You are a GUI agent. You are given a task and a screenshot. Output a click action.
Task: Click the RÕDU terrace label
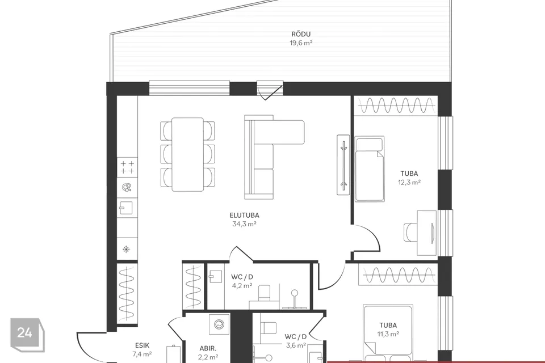click(x=301, y=34)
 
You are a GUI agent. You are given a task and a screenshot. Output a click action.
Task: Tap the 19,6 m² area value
click(x=301, y=43)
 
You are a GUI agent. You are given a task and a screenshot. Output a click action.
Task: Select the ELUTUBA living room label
click(x=244, y=216)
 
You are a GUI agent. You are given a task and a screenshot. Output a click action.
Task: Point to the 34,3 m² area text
click(x=244, y=224)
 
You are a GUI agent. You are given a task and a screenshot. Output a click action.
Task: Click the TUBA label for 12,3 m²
click(x=409, y=174)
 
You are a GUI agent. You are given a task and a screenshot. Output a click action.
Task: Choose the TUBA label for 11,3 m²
click(x=388, y=325)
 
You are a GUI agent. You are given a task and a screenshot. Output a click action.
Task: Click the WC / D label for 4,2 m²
click(x=242, y=277)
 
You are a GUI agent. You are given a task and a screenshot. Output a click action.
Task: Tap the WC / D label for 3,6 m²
click(x=295, y=336)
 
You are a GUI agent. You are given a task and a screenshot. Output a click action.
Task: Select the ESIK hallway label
click(x=142, y=345)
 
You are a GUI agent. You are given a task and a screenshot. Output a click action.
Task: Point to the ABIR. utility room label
click(x=208, y=348)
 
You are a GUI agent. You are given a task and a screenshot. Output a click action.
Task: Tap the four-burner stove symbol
click(x=127, y=167)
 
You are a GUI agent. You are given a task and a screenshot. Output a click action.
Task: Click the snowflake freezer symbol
click(x=126, y=249)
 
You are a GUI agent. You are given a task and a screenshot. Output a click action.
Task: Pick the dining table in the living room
click(x=188, y=155)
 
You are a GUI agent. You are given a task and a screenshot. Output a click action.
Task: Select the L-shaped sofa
click(x=274, y=157)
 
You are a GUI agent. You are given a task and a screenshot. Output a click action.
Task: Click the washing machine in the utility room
click(x=219, y=324)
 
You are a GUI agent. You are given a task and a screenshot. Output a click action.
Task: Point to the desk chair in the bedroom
click(x=410, y=232)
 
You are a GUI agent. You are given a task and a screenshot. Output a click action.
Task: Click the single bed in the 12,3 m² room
click(x=370, y=169)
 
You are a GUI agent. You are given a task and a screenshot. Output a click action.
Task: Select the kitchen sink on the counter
click(x=127, y=208)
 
